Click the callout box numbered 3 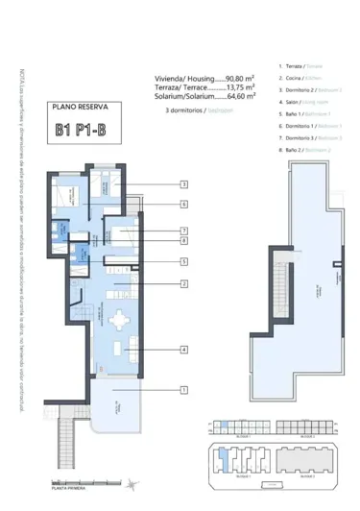[x=182, y=184]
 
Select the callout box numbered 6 [x=182, y=204]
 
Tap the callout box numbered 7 [x=182, y=231]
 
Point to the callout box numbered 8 [x=182, y=241]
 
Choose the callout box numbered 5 [x=182, y=261]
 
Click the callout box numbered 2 [x=182, y=283]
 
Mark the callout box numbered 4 [x=182, y=351]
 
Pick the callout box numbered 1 [x=182, y=390]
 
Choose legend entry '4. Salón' [x=301, y=101]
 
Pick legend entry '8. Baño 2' [x=303, y=150]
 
